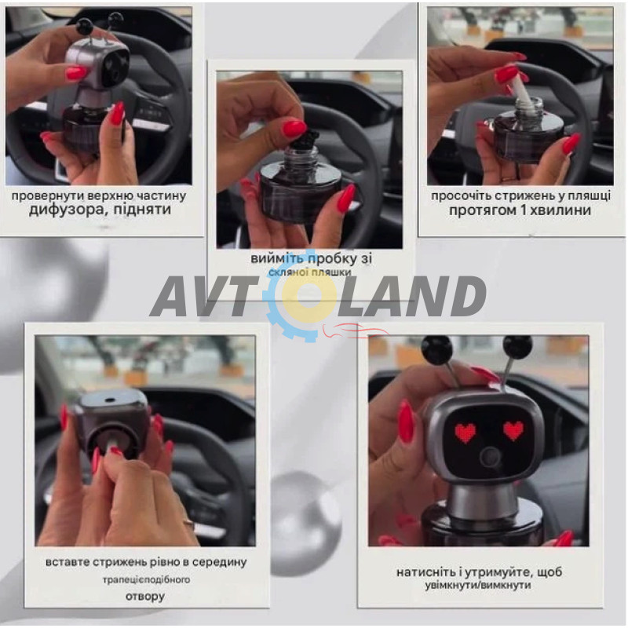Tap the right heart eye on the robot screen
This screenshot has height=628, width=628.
(513, 430)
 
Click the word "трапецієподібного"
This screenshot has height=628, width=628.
(146, 579)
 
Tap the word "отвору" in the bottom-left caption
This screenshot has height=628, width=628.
(145, 597)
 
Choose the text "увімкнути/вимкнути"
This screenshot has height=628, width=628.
(478, 585)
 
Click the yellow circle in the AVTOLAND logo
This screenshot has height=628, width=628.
(309, 296)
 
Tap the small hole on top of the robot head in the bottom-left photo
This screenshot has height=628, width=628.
(109, 400)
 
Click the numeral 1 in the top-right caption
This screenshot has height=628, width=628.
(520, 210)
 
